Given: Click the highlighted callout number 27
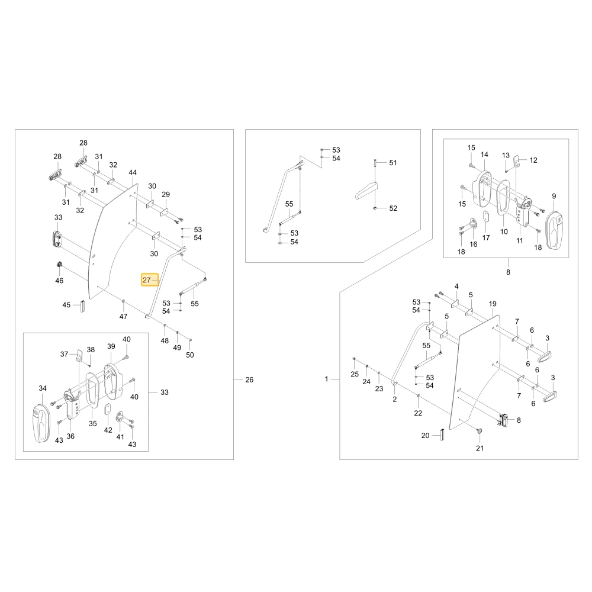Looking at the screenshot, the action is pyautogui.click(x=146, y=280).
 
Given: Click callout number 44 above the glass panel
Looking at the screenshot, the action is pyautogui.click(x=133, y=172).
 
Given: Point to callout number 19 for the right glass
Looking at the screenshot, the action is pyautogui.click(x=493, y=304).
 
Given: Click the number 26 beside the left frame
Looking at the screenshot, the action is pyautogui.click(x=249, y=380).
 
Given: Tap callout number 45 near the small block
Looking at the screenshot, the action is pyautogui.click(x=66, y=305).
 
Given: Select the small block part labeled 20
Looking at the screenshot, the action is pyautogui.click(x=442, y=434).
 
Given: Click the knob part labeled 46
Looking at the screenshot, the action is pyautogui.click(x=59, y=264).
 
